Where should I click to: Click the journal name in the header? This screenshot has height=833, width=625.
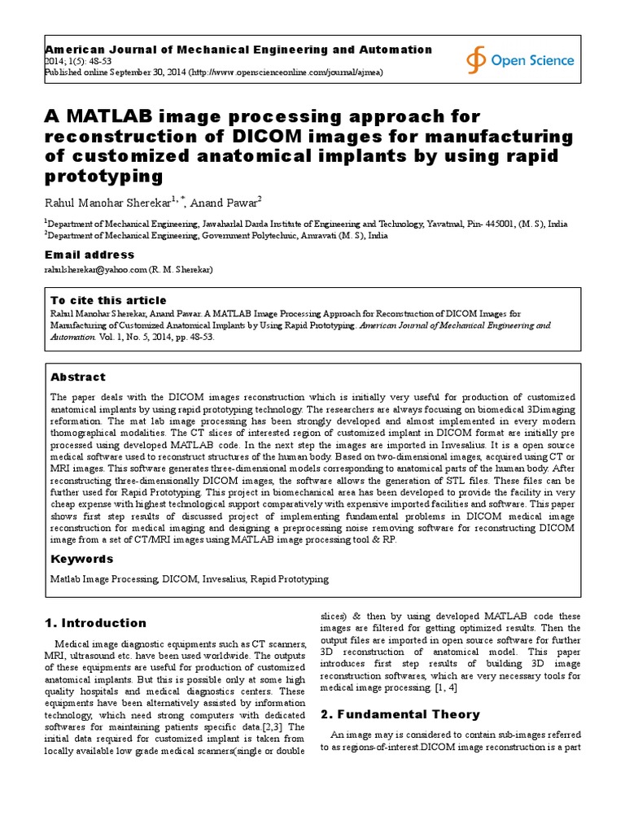click(x=238, y=50)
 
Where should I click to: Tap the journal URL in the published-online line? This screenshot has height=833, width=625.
click(x=286, y=72)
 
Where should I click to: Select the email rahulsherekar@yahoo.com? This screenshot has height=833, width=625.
click(x=95, y=268)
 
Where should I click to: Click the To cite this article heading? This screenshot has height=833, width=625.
click(x=108, y=300)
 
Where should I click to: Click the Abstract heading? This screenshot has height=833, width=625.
click(x=78, y=377)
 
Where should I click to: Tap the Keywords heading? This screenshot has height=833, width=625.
click(x=82, y=559)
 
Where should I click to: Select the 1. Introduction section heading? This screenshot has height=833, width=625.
click(x=94, y=623)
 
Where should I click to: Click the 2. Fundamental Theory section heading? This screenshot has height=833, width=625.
click(x=400, y=713)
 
